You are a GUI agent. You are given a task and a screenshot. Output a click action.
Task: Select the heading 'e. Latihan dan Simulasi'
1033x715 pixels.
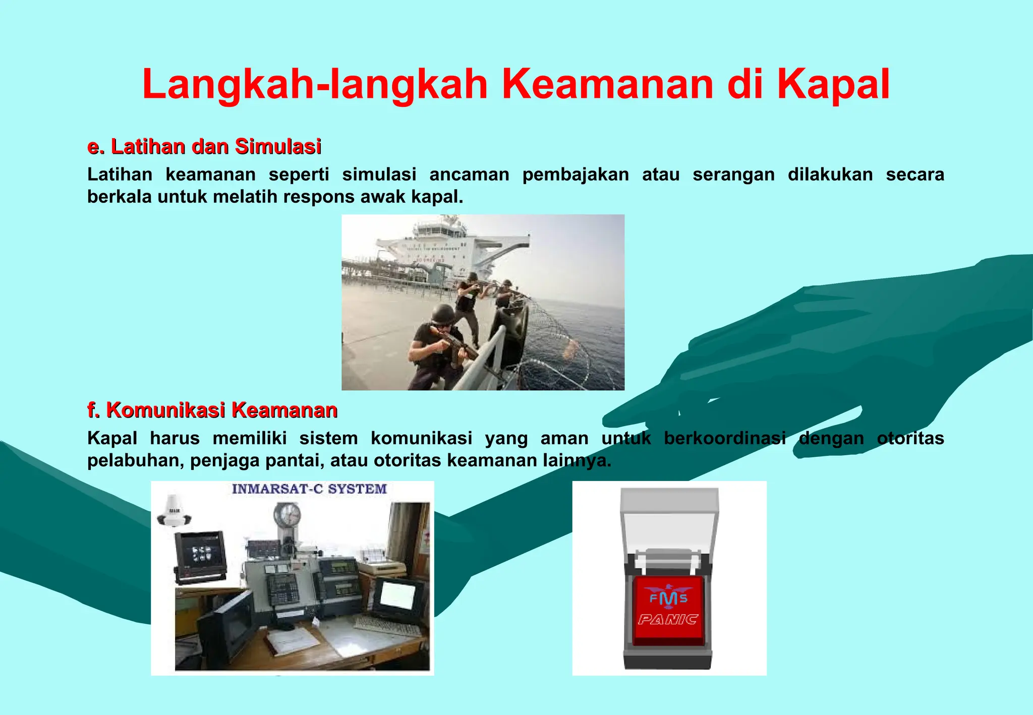click(x=204, y=146)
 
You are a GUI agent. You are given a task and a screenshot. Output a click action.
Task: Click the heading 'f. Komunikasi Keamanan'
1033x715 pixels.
click(x=212, y=410)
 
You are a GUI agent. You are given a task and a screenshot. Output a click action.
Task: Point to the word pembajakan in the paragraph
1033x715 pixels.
click(x=576, y=174)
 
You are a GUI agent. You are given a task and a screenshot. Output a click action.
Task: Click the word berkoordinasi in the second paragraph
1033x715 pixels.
click(x=725, y=438)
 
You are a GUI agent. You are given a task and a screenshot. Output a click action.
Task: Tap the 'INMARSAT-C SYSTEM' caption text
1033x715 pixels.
click(x=309, y=489)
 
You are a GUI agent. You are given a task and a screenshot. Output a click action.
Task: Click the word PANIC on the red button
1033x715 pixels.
click(x=668, y=620)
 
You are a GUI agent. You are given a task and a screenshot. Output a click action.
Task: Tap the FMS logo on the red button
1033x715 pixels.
click(x=668, y=597)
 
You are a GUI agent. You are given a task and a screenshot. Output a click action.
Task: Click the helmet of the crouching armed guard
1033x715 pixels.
click(x=443, y=313)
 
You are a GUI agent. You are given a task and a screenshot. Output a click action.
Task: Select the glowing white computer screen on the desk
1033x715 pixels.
click(x=397, y=595)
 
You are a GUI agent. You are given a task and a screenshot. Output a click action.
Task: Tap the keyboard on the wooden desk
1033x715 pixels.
click(x=386, y=626)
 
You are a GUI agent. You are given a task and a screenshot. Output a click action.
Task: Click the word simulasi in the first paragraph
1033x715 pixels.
click(x=379, y=174)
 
